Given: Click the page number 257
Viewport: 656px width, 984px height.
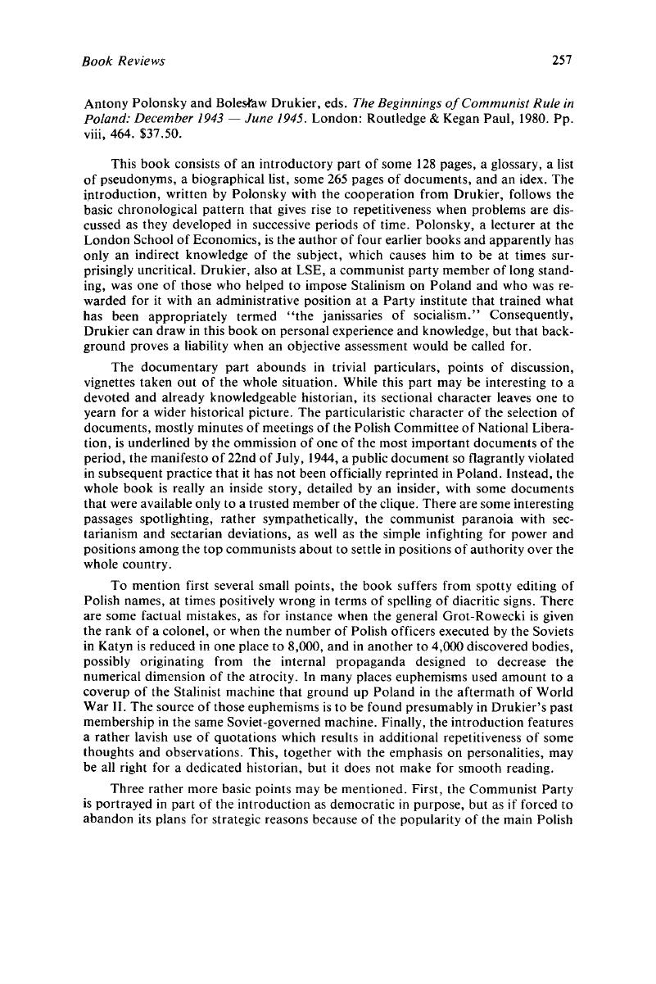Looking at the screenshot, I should click(x=560, y=60).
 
